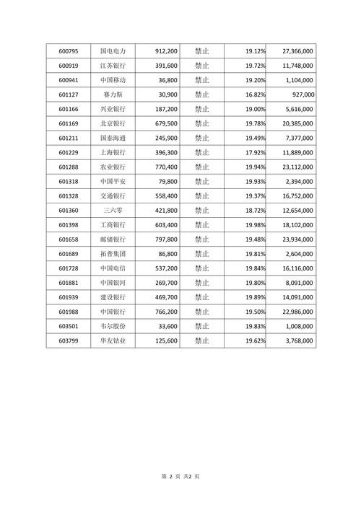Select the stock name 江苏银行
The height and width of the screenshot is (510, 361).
pyautogui.click(x=113, y=66)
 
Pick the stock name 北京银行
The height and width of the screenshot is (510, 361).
pyautogui.click(x=113, y=123)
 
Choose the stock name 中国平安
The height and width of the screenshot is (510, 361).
pyautogui.click(x=113, y=181)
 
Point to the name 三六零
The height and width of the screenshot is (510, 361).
pyautogui.click(x=113, y=210)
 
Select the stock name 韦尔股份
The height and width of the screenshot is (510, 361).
pyautogui.click(x=113, y=325)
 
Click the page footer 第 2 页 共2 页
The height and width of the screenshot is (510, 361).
pyautogui.click(x=180, y=477)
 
